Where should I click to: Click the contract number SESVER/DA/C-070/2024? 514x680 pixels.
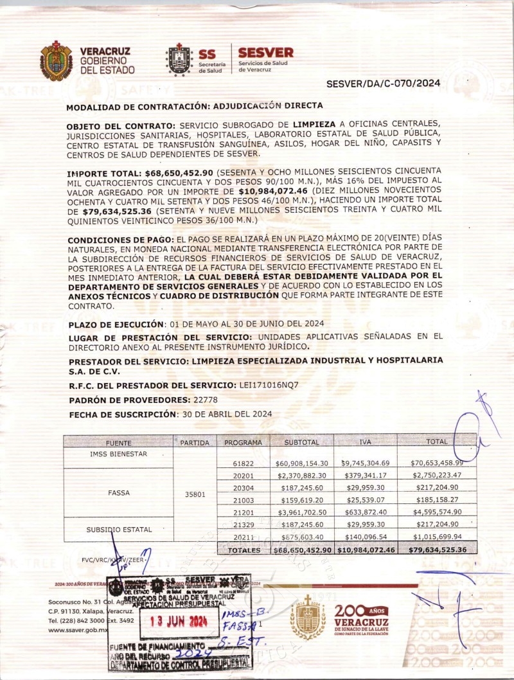[x=383, y=84]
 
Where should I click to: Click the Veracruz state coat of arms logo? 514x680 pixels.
[x=57, y=61]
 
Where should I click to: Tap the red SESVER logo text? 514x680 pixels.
[x=265, y=53]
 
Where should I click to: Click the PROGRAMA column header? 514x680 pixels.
[x=243, y=443]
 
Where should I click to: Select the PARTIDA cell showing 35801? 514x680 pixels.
[x=195, y=496]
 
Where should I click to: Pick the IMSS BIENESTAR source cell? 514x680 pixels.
[x=118, y=454]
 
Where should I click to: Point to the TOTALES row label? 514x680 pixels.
[x=244, y=550]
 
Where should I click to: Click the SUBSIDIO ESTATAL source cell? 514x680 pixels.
[x=118, y=530]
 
